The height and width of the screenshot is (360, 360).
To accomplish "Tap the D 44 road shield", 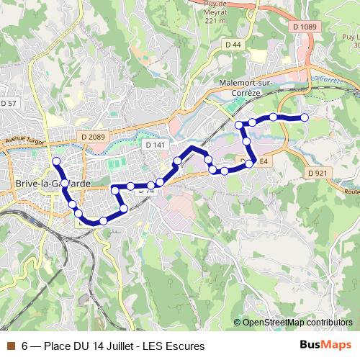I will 233,45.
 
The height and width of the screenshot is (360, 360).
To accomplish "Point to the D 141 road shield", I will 155,145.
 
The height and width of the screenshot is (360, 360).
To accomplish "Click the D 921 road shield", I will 317,173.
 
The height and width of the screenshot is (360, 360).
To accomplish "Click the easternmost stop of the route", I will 304,117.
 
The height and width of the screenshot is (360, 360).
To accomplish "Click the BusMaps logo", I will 325,346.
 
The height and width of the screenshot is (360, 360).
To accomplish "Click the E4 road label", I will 264,162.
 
